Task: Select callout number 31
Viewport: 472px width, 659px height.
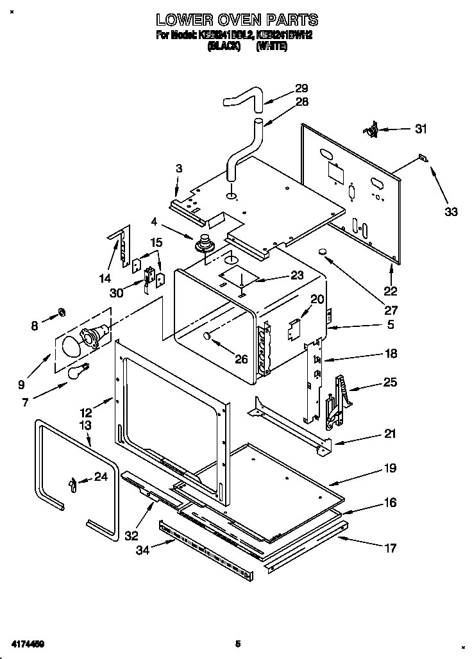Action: point(420,129)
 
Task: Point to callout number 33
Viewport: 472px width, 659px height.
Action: point(451,212)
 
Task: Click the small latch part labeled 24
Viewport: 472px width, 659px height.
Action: point(72,482)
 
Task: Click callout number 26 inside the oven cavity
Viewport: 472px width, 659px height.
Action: point(240,359)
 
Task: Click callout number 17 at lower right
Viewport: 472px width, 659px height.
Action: point(390,547)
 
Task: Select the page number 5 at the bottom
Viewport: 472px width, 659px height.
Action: point(237,643)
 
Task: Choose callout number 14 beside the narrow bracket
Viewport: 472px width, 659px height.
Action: point(105,278)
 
